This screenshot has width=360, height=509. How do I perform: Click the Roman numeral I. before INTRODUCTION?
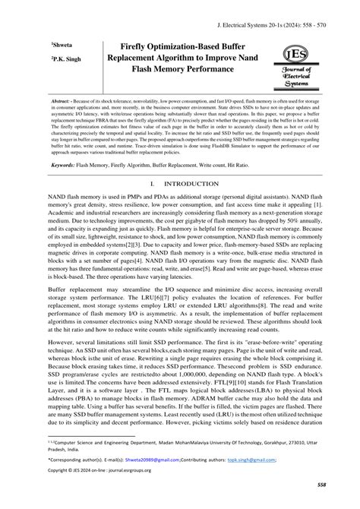click(153, 184)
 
